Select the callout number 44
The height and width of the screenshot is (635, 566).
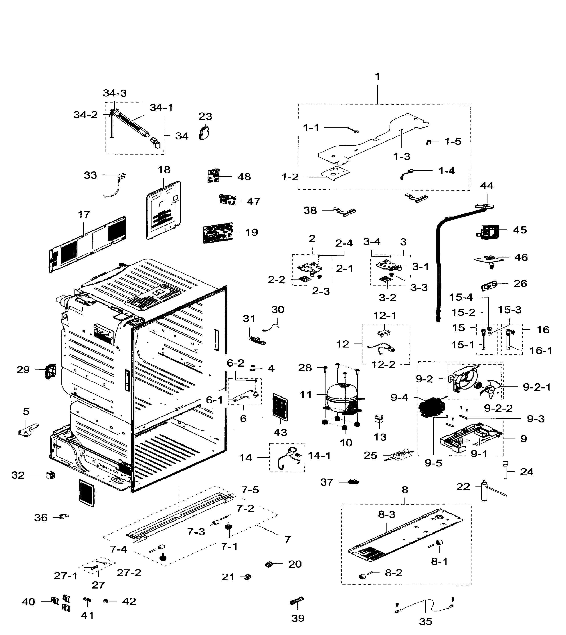coord(487,186)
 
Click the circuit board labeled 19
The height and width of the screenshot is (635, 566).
coord(218,233)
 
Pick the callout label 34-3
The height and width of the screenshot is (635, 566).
coord(115,93)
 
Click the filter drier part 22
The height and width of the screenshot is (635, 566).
coord(484,490)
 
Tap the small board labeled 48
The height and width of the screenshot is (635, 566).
coord(213,176)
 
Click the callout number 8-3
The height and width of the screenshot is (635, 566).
coord(386,514)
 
